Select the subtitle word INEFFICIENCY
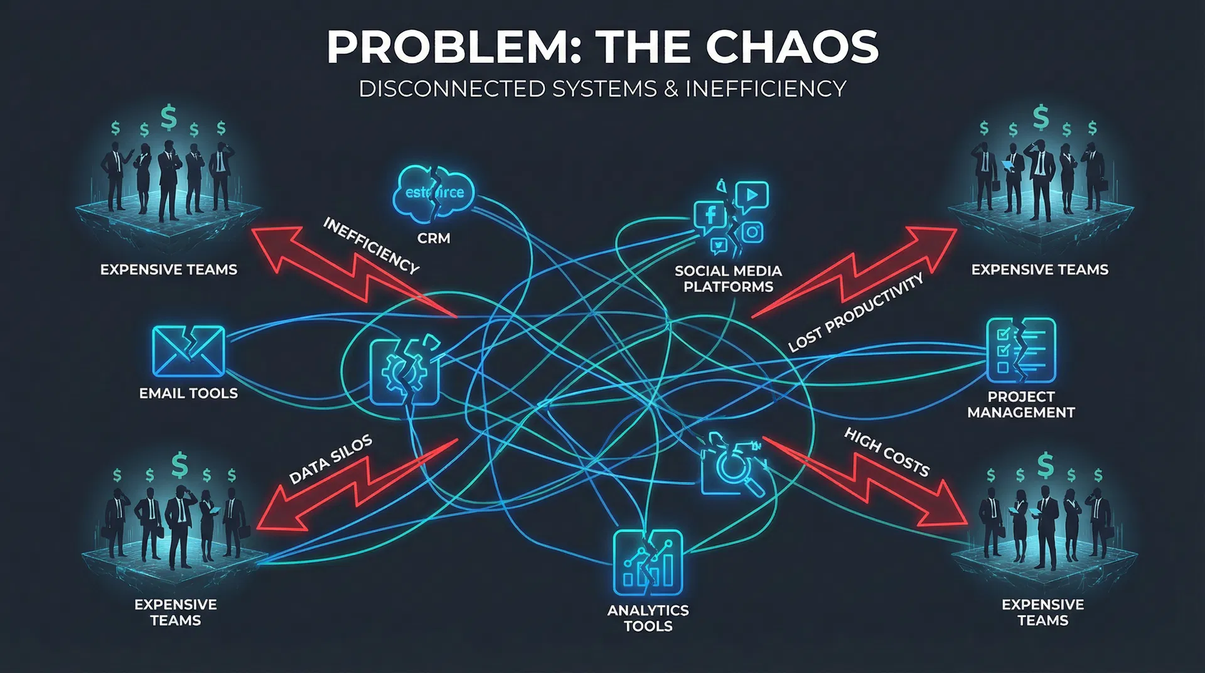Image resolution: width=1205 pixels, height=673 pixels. tap(766, 89)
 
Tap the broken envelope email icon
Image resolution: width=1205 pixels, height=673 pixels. tap(188, 351)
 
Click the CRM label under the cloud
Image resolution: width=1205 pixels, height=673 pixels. tap(434, 239)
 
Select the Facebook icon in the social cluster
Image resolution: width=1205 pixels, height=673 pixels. tap(710, 216)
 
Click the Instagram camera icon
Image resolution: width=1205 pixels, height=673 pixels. tap(752, 232)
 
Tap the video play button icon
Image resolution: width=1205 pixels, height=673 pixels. tap(752, 196)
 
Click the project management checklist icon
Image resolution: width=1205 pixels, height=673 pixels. tap(1021, 351)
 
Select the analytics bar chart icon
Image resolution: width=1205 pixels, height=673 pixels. tap(648, 563)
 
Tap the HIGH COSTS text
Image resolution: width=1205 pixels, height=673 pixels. tap(887, 453)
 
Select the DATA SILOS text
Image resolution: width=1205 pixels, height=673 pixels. tap(331, 460)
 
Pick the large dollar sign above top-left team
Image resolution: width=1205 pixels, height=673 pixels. tap(168, 117)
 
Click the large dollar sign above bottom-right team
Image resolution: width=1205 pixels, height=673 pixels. tap(1045, 465)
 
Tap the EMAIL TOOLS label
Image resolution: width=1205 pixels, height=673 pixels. tap(188, 394)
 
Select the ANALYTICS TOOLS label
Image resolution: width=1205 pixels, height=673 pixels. tap(648, 618)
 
